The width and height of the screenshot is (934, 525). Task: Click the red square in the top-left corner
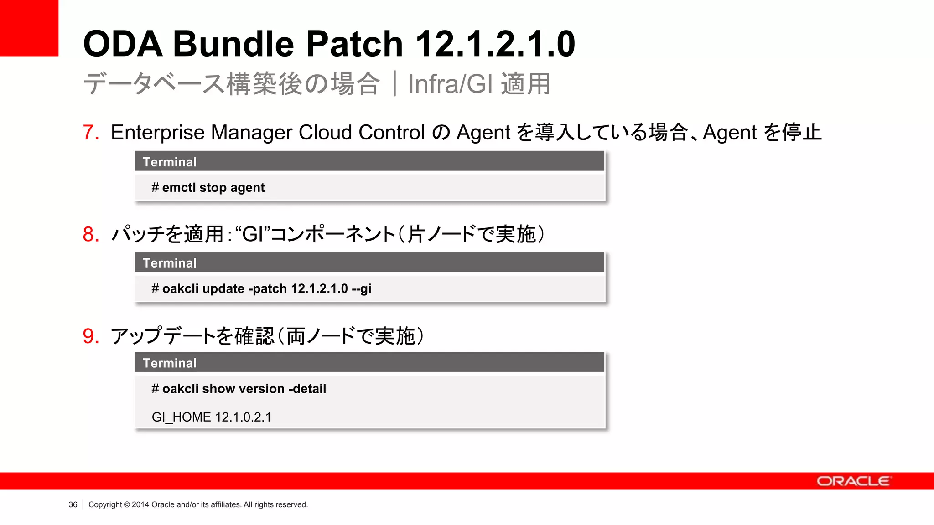(x=29, y=27)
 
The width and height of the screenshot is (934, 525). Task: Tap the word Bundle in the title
(x=233, y=44)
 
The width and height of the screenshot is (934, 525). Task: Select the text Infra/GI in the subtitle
(x=450, y=84)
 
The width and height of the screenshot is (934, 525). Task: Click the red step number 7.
(x=91, y=133)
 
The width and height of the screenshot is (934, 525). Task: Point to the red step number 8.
(x=91, y=234)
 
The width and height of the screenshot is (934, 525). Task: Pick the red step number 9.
(x=91, y=336)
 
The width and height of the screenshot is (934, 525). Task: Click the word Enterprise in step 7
(x=158, y=133)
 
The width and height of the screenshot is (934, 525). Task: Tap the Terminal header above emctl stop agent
(x=170, y=162)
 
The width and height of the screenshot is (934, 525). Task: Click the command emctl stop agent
(x=213, y=188)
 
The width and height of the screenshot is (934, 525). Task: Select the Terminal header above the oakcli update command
(x=170, y=263)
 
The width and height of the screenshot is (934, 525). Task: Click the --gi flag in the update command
(x=362, y=289)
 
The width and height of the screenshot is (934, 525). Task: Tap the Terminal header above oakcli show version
(x=170, y=363)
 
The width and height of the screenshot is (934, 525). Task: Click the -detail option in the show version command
(x=307, y=389)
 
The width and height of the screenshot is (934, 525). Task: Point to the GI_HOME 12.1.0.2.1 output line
(x=211, y=417)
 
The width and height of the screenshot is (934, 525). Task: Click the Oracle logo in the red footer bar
(x=853, y=481)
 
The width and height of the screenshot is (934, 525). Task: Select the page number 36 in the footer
(x=73, y=504)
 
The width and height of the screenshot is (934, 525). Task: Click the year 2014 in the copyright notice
(x=140, y=504)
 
